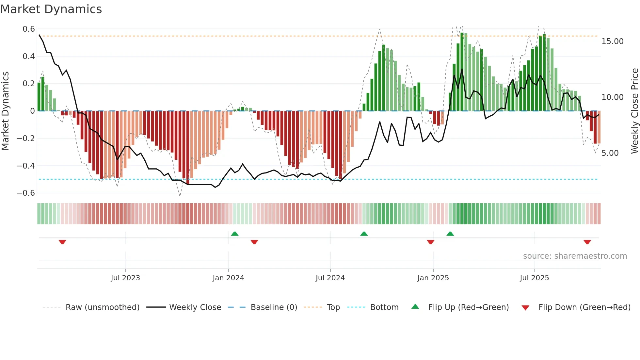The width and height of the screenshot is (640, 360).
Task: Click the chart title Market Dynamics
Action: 51,9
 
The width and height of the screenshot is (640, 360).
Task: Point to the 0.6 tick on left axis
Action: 29,29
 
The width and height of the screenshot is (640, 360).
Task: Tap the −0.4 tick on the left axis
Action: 26,166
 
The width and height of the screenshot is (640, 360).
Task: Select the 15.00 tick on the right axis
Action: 612,41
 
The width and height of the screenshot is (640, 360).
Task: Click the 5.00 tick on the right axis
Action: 610,153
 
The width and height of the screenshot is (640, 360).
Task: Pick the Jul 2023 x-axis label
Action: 125,278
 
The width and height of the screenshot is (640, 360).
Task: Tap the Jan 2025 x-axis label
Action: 433,278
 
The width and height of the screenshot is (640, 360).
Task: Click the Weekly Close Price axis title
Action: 634,111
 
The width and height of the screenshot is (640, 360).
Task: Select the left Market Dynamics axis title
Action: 5,111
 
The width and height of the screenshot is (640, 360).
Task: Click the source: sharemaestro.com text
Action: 575,256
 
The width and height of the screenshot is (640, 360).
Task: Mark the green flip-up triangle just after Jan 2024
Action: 234,234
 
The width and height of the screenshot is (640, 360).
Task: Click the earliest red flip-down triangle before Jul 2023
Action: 62,242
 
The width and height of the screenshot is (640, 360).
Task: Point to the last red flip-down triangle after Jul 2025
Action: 587,242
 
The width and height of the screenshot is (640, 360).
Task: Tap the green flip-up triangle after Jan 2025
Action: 450,234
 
